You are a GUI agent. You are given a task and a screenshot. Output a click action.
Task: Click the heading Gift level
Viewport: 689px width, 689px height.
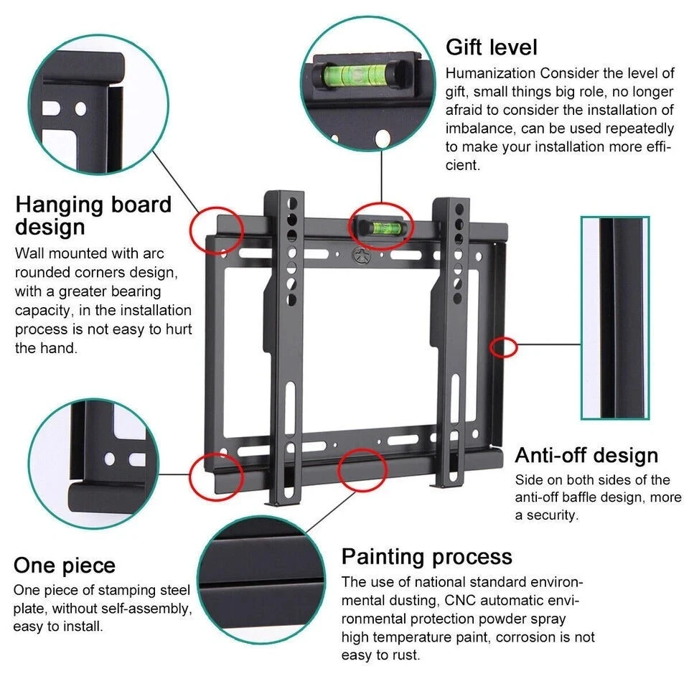[x=492, y=47]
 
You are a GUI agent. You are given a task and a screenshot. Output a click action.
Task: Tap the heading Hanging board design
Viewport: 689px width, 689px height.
[x=93, y=215]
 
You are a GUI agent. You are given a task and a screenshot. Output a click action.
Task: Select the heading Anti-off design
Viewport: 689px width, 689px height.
[x=586, y=455]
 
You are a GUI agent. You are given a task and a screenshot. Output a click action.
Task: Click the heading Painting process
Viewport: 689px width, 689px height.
[x=426, y=556]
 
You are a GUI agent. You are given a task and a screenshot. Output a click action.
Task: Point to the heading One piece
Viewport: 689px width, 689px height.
[x=65, y=565]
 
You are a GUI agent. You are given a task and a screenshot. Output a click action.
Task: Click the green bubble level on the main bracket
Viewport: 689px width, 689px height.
[x=380, y=225]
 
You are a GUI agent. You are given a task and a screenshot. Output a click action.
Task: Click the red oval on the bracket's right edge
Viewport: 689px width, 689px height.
[x=504, y=347]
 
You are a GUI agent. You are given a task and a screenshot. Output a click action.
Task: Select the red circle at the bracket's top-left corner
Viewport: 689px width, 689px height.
[x=217, y=230]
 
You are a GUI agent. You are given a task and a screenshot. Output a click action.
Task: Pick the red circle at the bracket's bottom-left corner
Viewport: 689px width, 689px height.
[x=216, y=475]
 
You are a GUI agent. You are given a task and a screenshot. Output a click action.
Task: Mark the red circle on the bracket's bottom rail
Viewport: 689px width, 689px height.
[x=363, y=472]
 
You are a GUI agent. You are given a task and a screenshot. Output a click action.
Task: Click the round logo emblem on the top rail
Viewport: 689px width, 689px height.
[x=358, y=254]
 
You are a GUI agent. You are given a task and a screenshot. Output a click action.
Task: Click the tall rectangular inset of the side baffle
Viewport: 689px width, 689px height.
[x=615, y=317]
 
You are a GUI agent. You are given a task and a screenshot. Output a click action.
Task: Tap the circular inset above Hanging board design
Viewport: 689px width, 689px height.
[x=100, y=104]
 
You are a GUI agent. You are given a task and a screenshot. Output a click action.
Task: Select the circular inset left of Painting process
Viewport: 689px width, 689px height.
[x=262, y=581]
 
